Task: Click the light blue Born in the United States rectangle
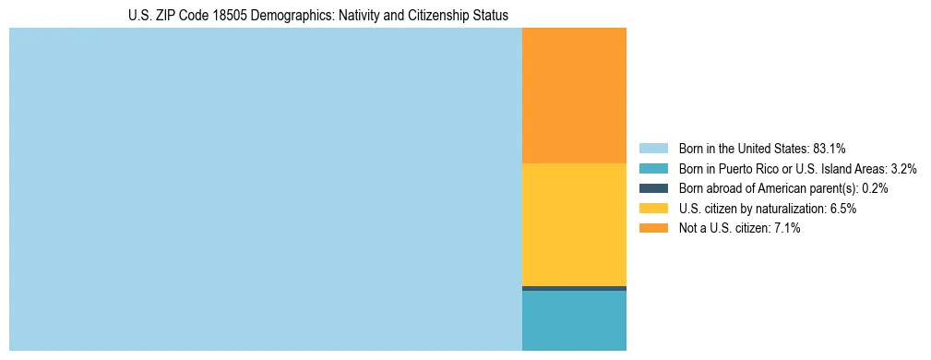(266, 189)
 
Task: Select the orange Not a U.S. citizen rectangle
(574, 95)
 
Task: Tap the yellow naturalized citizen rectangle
(574, 224)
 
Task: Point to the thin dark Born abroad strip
(574, 288)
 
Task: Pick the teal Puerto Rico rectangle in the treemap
(574, 320)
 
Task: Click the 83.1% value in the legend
(830, 148)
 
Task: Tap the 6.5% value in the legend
(842, 209)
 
